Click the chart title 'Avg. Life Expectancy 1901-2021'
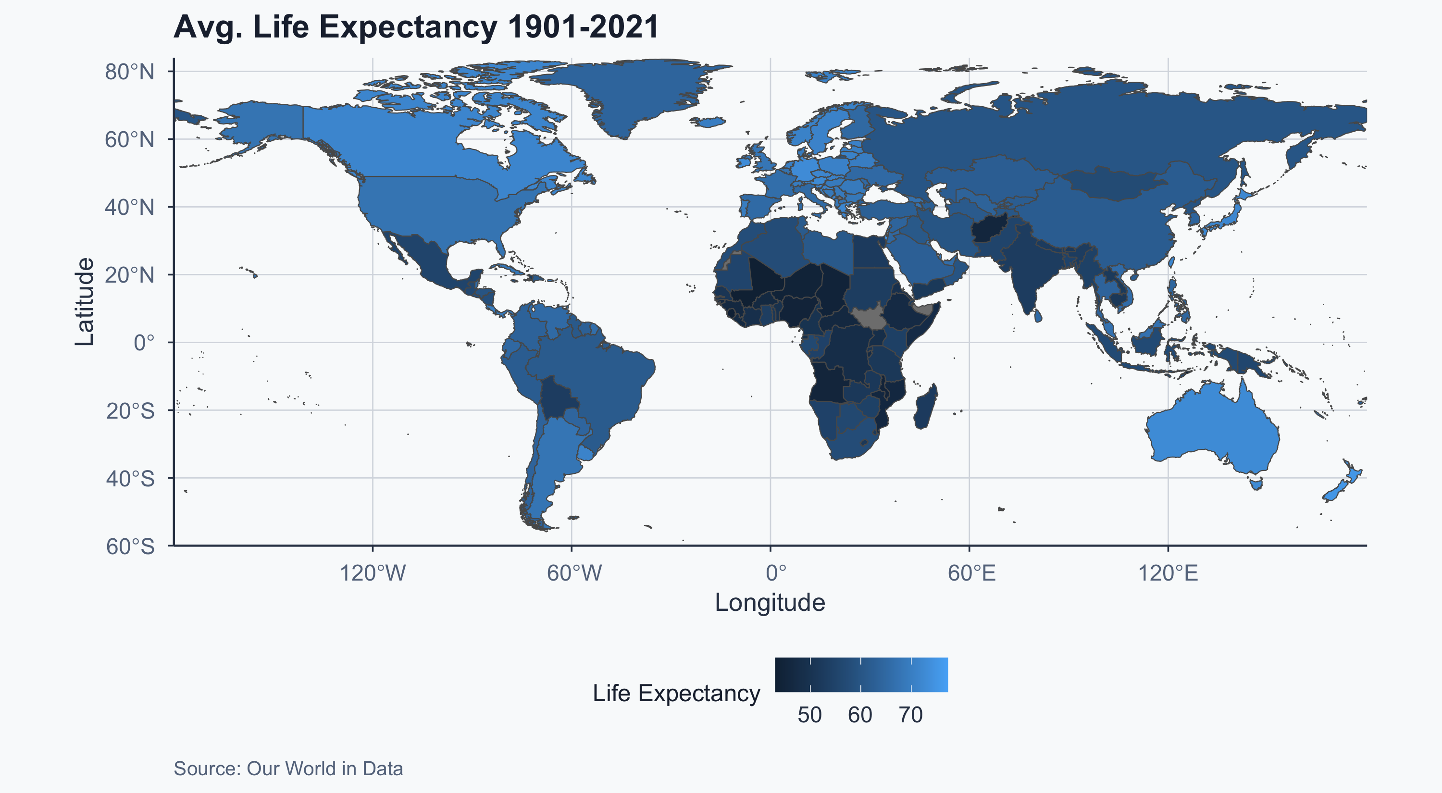pyautogui.click(x=416, y=27)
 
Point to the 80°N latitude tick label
pyautogui.click(x=129, y=72)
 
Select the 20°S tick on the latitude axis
pyautogui.click(x=130, y=411)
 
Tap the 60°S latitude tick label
pyautogui.click(x=130, y=546)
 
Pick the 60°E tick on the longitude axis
pyautogui.click(x=972, y=573)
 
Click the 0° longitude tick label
pyautogui.click(x=775, y=573)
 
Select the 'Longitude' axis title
pyautogui.click(x=770, y=603)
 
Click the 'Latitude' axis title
pyautogui.click(x=85, y=302)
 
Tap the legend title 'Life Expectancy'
pyautogui.click(x=676, y=694)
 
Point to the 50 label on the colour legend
pyautogui.click(x=809, y=715)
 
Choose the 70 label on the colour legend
pyautogui.click(x=911, y=715)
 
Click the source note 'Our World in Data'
pyautogui.click(x=324, y=769)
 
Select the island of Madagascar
pyautogui.click(x=925, y=406)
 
